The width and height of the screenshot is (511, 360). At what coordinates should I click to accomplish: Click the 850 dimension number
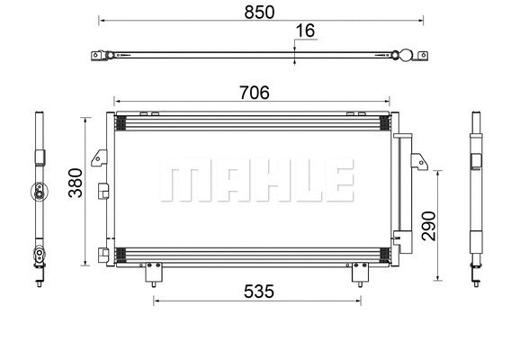[258, 11]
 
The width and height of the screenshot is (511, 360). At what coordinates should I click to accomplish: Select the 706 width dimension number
[253, 91]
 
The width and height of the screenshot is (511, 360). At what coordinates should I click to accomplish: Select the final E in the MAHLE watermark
[338, 182]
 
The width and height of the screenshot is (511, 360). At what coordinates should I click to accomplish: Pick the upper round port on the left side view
[40, 189]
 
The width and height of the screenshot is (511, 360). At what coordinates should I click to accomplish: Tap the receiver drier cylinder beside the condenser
[401, 198]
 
